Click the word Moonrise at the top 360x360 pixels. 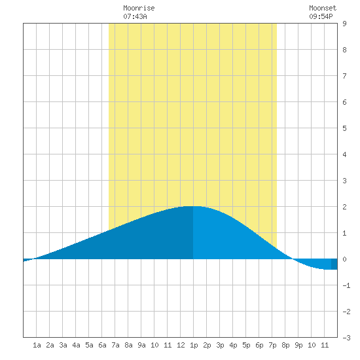[139, 8]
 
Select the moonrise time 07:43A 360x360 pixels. [135, 16]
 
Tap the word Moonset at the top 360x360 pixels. [323, 8]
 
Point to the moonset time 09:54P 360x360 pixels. [321, 16]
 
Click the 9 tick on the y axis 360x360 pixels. [344, 24]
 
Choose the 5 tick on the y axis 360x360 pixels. [344, 128]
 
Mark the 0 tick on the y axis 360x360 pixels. [344, 259]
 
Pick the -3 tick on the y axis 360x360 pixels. [346, 338]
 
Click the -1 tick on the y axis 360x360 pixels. [346, 285]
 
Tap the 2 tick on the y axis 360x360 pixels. [344, 207]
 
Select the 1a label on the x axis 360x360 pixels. [37, 345]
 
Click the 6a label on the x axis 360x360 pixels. [102, 345]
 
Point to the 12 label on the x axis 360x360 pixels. [181, 345]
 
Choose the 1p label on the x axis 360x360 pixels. [194, 345]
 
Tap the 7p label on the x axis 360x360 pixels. [272, 345]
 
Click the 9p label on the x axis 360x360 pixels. [298, 345]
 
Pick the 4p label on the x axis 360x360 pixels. [233, 345]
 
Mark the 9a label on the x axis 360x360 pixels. [141, 345]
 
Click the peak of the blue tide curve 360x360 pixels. [192, 206]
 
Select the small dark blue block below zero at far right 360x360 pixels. [334, 264]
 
